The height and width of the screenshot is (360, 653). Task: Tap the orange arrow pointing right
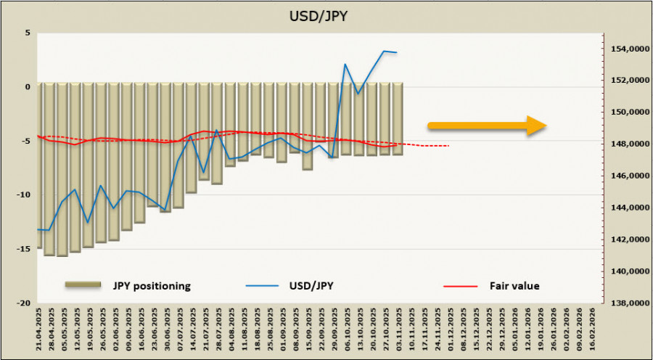tap(479, 126)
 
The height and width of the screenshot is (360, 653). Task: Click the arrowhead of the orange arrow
tap(536, 126)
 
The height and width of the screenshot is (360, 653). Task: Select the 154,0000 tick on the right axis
tap(626, 49)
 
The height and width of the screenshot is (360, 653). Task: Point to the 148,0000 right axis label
tap(626, 144)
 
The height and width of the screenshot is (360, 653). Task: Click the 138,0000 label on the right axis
tap(626, 303)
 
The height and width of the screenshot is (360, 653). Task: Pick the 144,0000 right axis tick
tap(626, 208)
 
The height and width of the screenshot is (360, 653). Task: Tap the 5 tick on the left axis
tap(27, 33)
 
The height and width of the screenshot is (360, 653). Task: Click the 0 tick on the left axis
tap(27, 87)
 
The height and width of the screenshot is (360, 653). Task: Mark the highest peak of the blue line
tap(384, 51)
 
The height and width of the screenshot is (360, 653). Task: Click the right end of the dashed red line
tap(448, 146)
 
